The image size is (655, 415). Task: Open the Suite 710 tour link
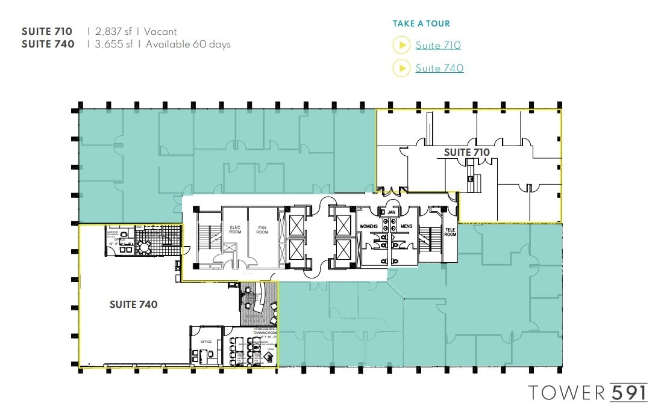point(438,45)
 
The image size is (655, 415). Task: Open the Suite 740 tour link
point(439,68)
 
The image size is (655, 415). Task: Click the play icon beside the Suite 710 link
point(401,45)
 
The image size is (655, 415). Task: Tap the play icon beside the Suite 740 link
point(401,68)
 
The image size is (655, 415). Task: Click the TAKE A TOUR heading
point(421,24)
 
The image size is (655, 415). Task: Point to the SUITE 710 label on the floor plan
point(466,152)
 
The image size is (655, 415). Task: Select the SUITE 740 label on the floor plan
point(133,304)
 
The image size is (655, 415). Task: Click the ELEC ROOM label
point(235,229)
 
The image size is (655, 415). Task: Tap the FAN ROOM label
point(262,229)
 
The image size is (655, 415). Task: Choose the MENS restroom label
point(406,226)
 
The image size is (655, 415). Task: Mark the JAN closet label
point(390,212)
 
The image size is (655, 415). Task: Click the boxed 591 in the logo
point(628,392)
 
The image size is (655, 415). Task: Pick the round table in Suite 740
point(145,247)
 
